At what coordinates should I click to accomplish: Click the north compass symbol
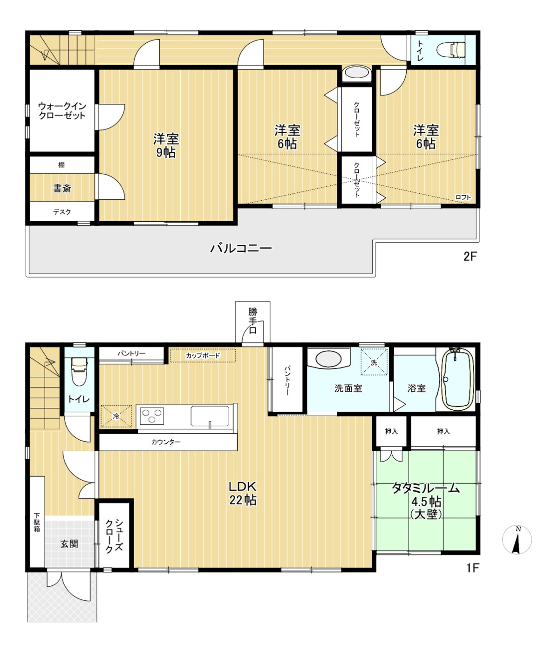click(517, 540)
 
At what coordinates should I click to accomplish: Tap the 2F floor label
click(470, 257)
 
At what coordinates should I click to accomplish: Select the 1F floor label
click(472, 568)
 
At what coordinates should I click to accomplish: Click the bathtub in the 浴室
click(457, 380)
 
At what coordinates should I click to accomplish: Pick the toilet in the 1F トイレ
click(79, 371)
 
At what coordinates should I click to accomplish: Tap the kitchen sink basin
click(210, 416)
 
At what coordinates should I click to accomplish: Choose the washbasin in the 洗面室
click(328, 359)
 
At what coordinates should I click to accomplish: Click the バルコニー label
click(241, 248)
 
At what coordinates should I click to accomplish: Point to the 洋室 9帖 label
click(166, 145)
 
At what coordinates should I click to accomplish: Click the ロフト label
click(463, 197)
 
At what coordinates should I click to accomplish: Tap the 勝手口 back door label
click(252, 321)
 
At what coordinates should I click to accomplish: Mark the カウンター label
click(166, 442)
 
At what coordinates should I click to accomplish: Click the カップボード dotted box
click(203, 355)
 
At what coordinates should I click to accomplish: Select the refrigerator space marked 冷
click(116, 416)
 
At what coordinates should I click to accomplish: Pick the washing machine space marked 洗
click(374, 362)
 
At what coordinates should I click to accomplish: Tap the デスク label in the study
click(62, 212)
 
